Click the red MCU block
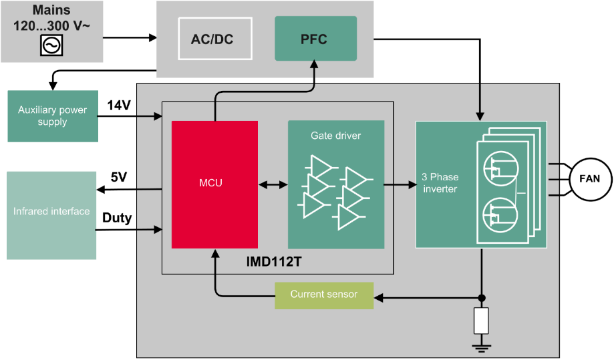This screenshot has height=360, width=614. pos(214,184)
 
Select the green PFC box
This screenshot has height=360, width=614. pos(315,39)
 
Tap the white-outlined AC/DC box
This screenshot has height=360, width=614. pos(212,39)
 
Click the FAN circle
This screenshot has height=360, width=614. pos(590,179)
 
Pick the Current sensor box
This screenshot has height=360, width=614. pos(324,295)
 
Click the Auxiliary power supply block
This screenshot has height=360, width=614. pos(53,116)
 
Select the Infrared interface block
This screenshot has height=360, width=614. pos(51,212)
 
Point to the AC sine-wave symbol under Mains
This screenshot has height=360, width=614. pos(51,45)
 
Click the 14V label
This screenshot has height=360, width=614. pos(119,104)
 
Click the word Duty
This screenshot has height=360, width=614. pos(117,218)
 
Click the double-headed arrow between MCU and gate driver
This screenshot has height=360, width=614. pos(273,184)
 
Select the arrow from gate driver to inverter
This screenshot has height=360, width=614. pos(400,184)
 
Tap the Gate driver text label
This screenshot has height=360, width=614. pos(335,136)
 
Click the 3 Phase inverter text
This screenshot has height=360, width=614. pos(439,183)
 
